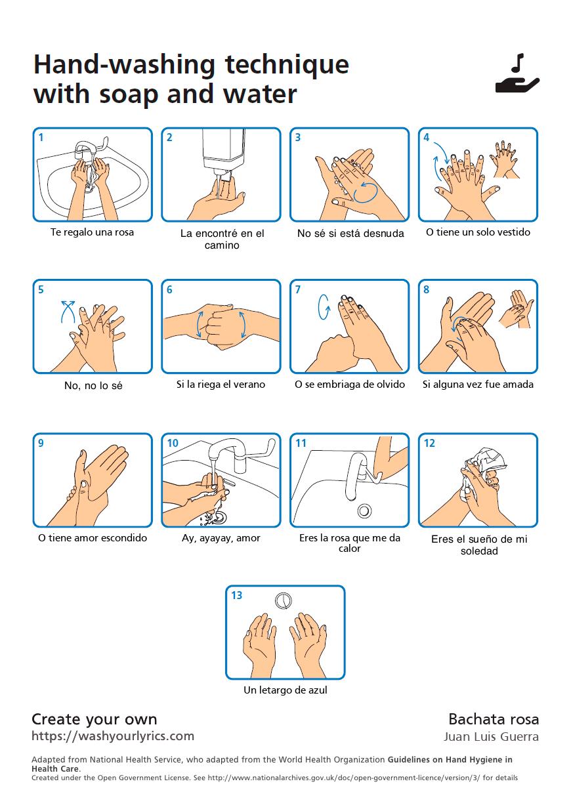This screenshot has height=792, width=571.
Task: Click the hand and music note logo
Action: (517, 74)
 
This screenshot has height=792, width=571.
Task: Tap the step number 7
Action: (297, 290)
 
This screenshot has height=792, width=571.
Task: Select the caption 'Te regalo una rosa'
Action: (92, 232)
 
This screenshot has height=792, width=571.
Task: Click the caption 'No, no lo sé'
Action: (93, 386)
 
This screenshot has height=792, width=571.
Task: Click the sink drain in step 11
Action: (364, 510)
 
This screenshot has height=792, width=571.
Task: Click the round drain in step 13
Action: (283, 600)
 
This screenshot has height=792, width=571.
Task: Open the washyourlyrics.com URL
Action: (113, 736)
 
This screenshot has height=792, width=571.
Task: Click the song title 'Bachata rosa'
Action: (494, 719)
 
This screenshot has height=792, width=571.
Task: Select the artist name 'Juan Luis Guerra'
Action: (491, 737)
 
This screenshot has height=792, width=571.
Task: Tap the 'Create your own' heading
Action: (95, 719)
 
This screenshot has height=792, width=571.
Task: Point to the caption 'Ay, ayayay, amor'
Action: (221, 538)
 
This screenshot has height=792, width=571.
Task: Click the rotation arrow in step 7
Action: (323, 306)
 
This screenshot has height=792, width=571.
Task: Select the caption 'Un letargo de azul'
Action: (285, 690)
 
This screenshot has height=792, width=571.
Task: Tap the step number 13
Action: (236, 595)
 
